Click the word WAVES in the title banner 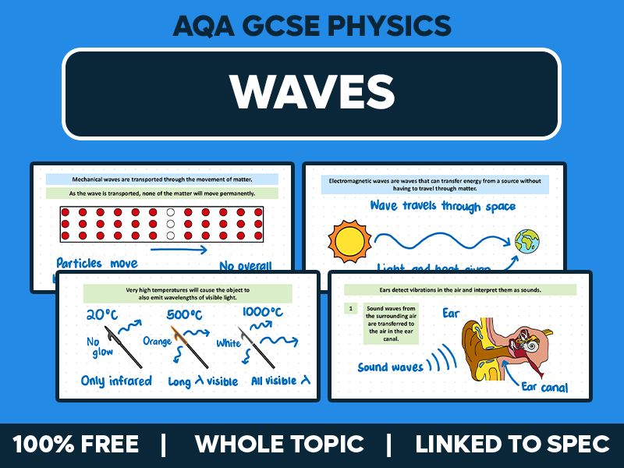[311, 93]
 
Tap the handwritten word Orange [157, 341]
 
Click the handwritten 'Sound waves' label [391, 366]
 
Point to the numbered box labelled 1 [351, 309]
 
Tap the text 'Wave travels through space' [442, 207]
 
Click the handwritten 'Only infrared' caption [116, 381]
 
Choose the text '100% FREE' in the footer [76, 445]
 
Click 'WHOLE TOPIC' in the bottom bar [279, 445]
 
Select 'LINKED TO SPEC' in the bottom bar [512, 445]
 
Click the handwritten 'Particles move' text [97, 264]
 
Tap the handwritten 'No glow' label [97, 346]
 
